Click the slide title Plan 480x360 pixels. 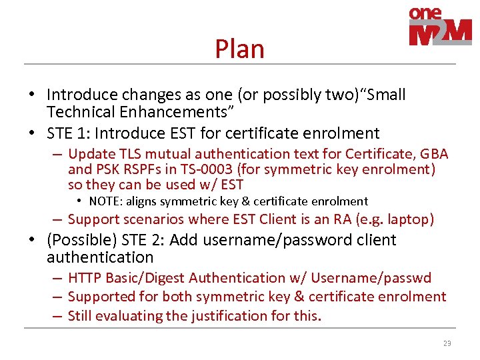(x=239, y=49)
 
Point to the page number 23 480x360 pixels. (x=447, y=343)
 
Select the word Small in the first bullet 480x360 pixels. (x=382, y=95)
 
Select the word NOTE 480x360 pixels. (x=105, y=201)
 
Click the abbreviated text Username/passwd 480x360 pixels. (x=372, y=278)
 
